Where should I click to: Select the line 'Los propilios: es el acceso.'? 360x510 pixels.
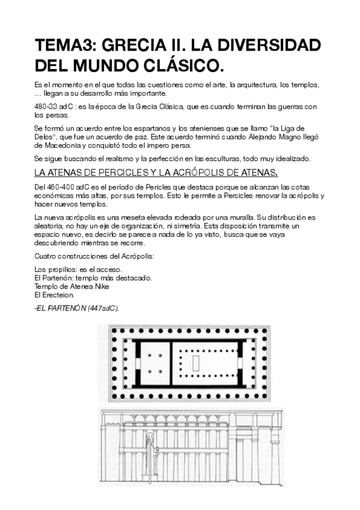pyautogui.click(x=78, y=269)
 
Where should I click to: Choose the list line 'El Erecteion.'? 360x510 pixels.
pyautogui.click(x=55, y=295)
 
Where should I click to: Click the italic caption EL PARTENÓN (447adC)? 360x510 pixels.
pyautogui.click(x=78, y=308)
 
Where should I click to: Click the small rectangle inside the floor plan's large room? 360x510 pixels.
pyautogui.click(x=196, y=364)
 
